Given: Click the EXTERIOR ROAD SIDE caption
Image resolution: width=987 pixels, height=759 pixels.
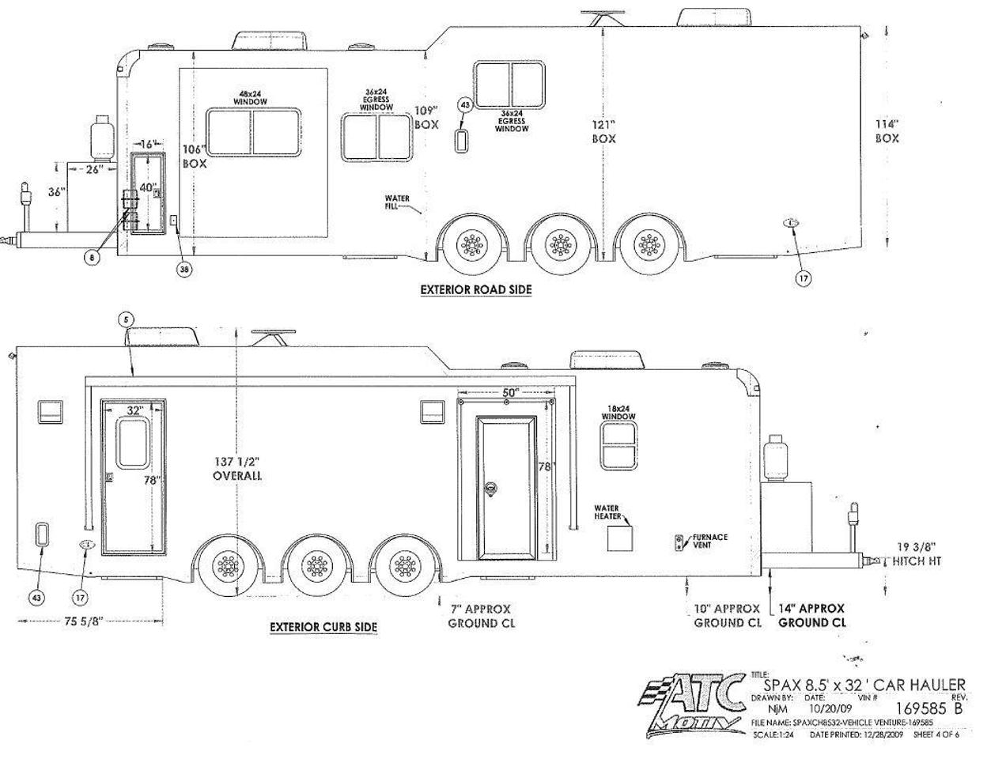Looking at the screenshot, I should [475, 289].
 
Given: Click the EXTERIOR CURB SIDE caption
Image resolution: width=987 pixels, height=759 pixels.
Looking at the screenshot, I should [323, 627].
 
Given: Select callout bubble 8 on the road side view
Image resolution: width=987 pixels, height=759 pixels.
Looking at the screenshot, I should [93, 258].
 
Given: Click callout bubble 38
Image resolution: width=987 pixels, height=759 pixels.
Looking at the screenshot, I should [184, 269].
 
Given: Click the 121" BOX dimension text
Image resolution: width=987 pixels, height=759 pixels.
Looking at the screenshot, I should [604, 131].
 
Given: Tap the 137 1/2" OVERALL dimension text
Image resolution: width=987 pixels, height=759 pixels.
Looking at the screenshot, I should [236, 468].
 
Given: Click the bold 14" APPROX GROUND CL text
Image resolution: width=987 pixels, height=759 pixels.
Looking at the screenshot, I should [811, 615].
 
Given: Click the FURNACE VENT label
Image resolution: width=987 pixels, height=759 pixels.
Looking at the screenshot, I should [709, 541].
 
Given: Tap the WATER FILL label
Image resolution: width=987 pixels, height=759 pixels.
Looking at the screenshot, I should [397, 202].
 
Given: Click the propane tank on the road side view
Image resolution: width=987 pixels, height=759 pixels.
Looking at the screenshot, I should [102, 138].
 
